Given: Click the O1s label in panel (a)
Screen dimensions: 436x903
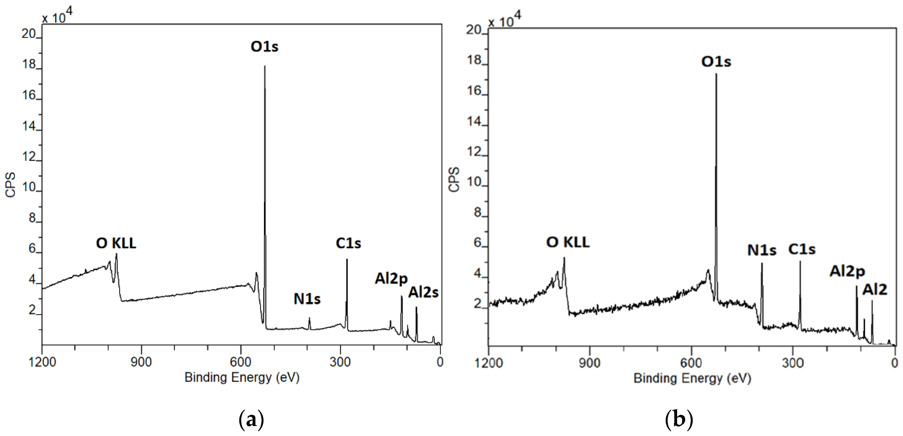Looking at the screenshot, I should click(264, 46).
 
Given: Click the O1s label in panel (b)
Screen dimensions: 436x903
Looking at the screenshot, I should click(716, 62).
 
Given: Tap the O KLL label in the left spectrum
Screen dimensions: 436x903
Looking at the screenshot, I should click(116, 243).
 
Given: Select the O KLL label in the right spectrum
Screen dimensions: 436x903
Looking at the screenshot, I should click(568, 242).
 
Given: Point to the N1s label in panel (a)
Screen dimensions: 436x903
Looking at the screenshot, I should click(307, 299).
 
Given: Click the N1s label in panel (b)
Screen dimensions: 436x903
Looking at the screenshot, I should click(762, 250).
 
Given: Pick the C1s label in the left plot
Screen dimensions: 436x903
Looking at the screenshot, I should click(348, 243).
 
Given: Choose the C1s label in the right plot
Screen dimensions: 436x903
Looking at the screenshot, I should click(802, 249).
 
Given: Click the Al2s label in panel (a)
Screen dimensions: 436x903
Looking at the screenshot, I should click(423, 292).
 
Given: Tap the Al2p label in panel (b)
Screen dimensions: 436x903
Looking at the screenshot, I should click(847, 271).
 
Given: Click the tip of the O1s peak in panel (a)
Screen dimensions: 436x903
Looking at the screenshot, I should click(265, 66).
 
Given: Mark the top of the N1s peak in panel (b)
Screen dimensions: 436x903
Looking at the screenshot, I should click(762, 264).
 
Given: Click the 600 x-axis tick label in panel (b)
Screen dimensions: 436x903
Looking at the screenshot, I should click(691, 363).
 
